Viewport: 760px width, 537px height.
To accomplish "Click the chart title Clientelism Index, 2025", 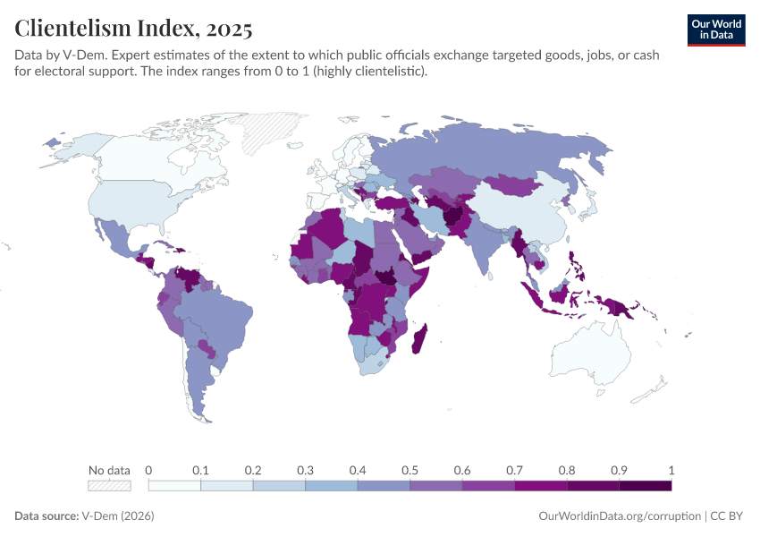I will pos(133,29).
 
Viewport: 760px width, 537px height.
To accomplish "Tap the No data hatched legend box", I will pos(109,486).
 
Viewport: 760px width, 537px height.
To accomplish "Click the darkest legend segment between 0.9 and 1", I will pos(645,486).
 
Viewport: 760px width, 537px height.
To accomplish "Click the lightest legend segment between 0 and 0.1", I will pos(174,486).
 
